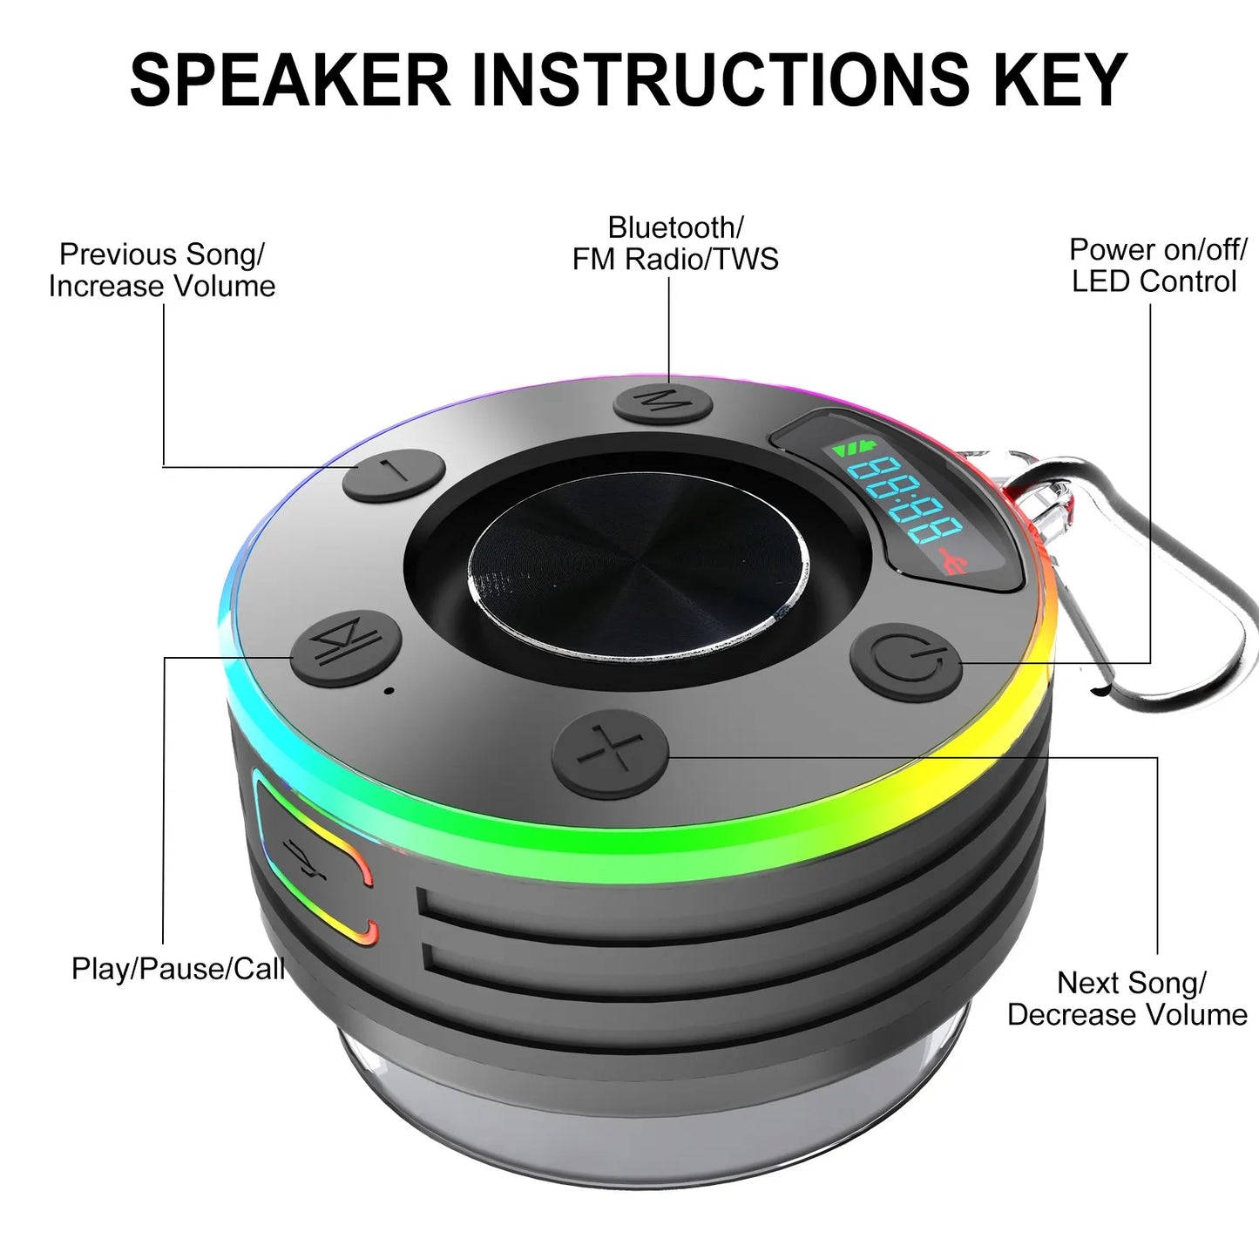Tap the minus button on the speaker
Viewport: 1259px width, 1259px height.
click(394, 475)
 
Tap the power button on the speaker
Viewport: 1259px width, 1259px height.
click(905, 662)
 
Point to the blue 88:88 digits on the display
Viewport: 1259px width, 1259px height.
click(906, 500)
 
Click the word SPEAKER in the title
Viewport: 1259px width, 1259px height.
click(290, 80)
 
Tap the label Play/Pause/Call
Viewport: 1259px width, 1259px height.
click(178, 969)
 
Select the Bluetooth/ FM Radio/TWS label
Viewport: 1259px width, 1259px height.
click(675, 243)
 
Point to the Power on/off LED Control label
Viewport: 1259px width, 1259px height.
click(1157, 265)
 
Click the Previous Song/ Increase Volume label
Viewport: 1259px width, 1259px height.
click(162, 270)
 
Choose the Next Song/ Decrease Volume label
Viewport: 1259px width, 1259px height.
click(1128, 998)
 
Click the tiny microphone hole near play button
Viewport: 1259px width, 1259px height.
click(389, 691)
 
